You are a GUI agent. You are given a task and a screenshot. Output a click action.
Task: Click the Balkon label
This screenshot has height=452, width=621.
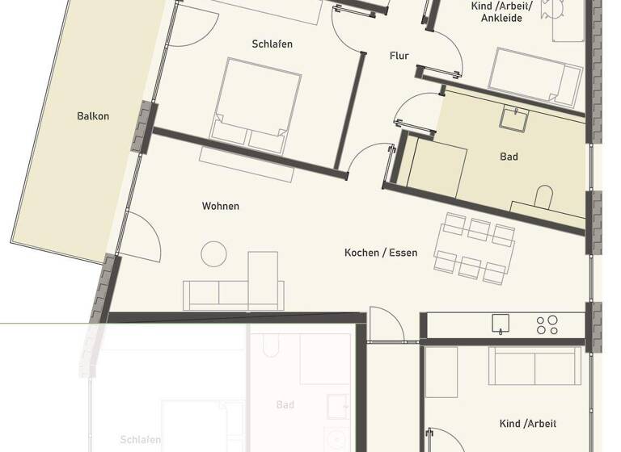(93, 116)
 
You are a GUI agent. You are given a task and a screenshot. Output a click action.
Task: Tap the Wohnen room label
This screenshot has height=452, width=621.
(220, 207)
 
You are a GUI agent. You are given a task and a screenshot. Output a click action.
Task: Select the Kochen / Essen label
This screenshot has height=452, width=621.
(381, 253)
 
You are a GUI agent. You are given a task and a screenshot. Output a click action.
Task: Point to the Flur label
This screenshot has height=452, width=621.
(399, 56)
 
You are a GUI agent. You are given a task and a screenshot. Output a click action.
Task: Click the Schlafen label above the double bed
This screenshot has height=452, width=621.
(272, 44)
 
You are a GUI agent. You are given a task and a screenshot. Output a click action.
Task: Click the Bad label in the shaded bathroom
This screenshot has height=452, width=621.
(509, 157)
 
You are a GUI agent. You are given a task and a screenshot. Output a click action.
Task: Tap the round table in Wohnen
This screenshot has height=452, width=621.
(214, 254)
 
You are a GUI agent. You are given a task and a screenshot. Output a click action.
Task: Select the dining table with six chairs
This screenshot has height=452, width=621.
(474, 247)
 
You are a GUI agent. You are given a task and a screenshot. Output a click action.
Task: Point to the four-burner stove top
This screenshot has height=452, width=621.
(547, 324)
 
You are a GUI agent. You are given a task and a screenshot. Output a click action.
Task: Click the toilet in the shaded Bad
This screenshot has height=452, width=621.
(544, 196)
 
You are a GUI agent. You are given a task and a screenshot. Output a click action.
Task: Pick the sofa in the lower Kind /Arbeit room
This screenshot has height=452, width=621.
(534, 366)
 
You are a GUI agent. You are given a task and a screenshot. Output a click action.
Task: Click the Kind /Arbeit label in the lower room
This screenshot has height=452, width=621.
(528, 424)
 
